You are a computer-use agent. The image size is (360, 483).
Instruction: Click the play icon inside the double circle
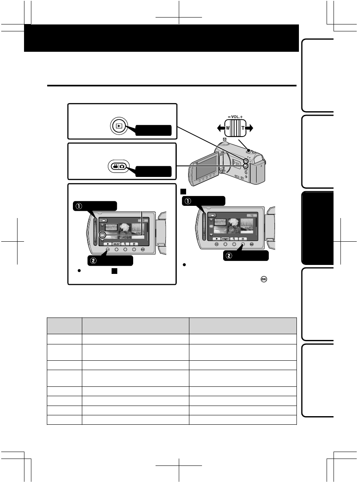[118, 126]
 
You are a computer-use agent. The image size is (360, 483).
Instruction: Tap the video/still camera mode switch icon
[119, 167]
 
